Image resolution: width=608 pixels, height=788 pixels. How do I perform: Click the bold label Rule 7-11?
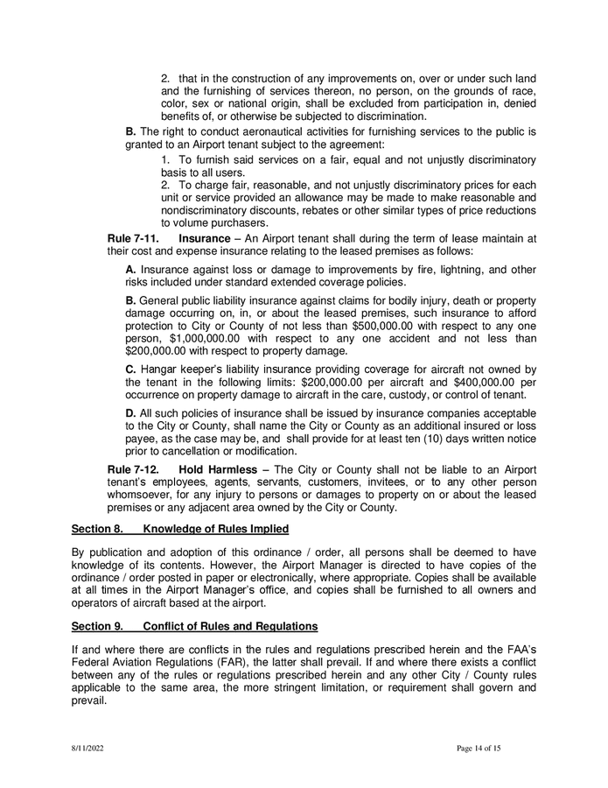coord(132,238)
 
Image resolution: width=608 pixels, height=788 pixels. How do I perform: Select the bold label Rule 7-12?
coord(132,469)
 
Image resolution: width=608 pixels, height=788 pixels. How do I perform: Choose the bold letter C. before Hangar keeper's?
coord(131,370)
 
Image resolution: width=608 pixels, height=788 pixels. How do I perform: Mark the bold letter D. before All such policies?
coord(131,415)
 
